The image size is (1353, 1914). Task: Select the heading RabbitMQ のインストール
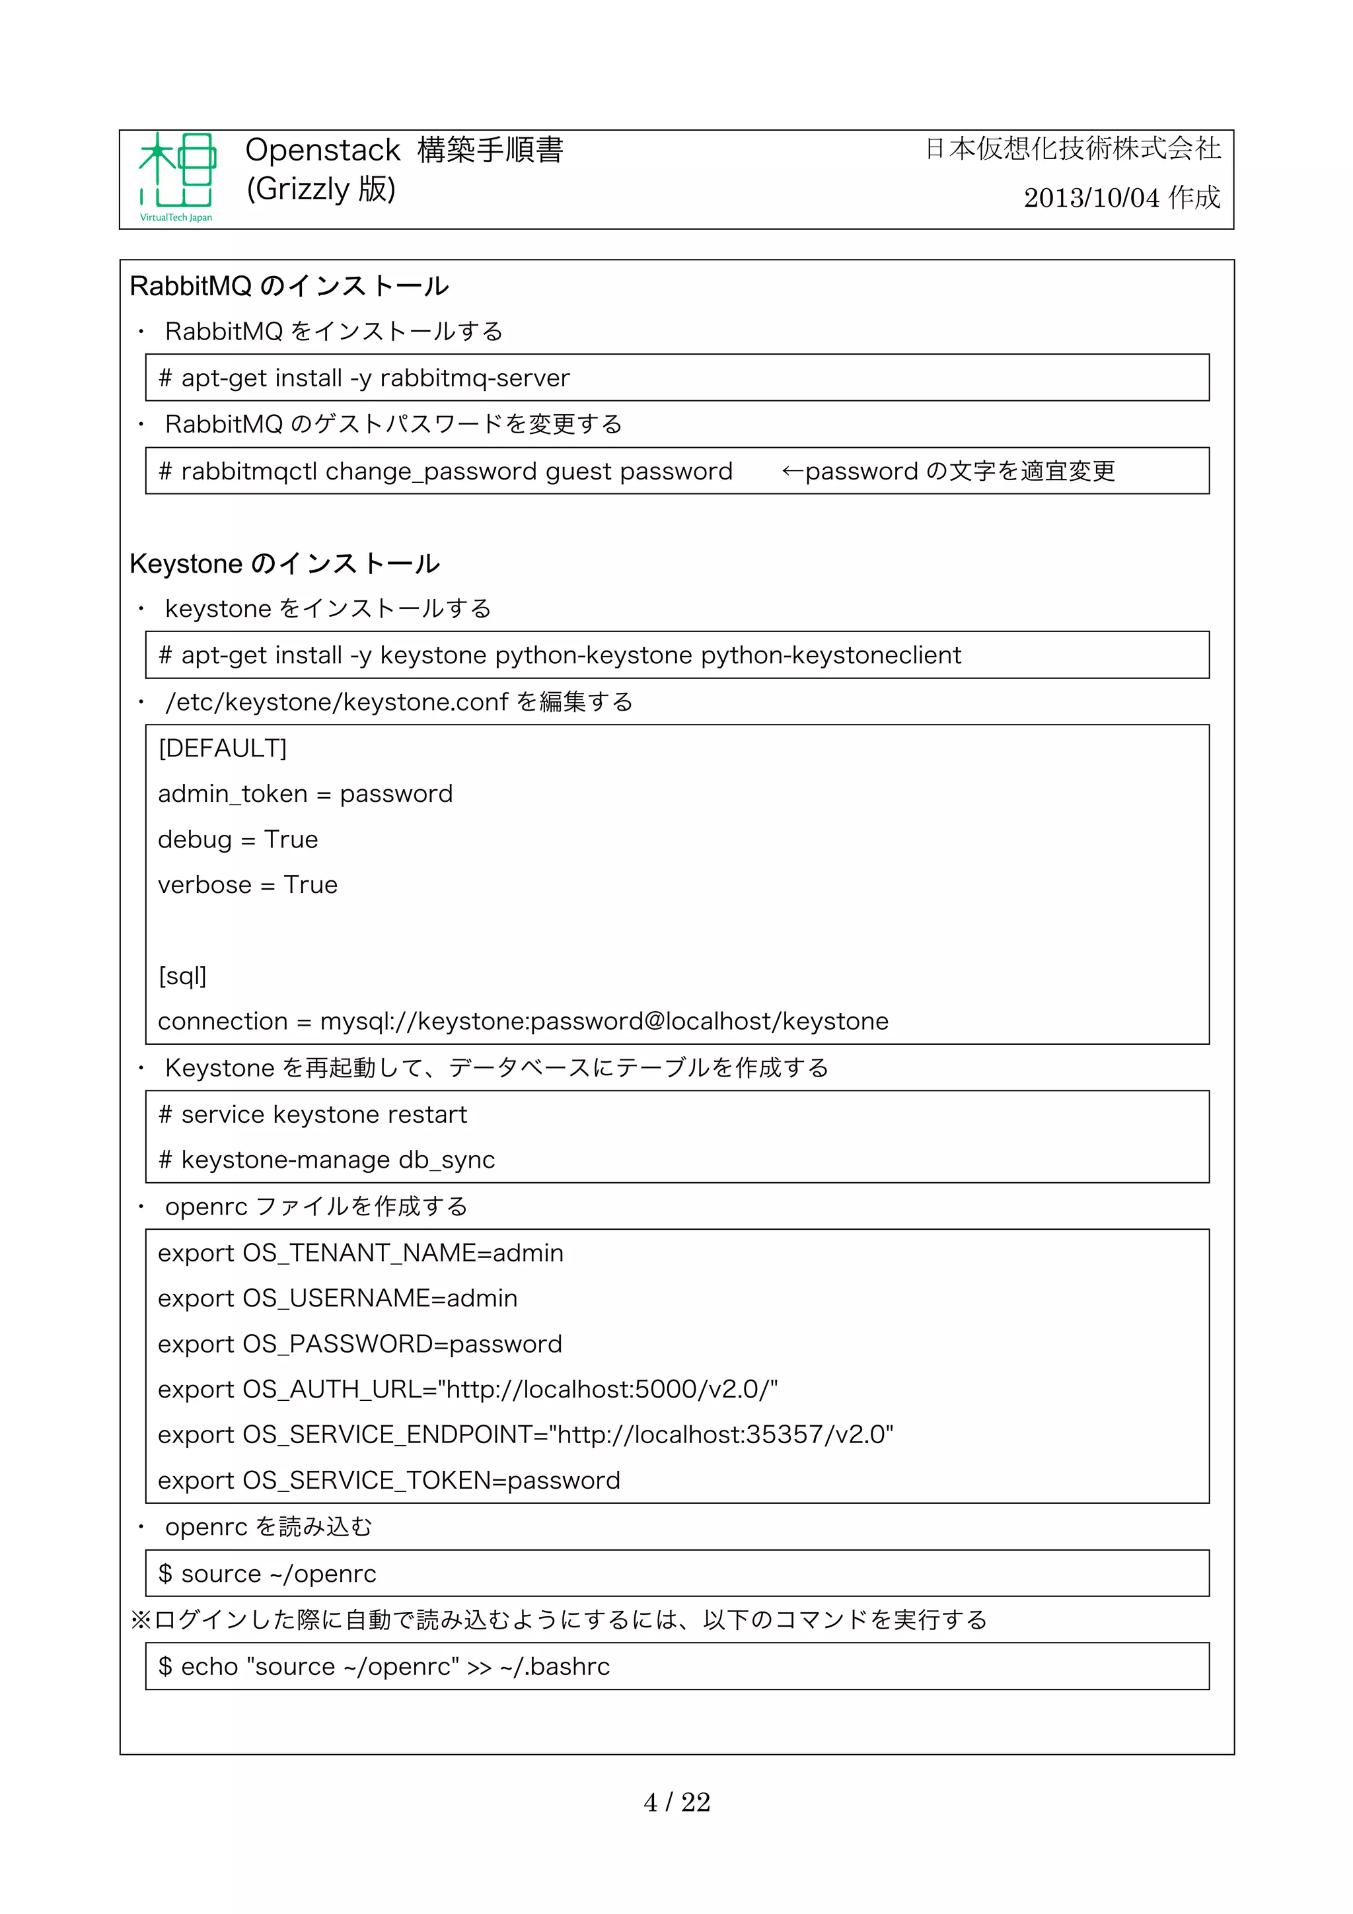coord(289,286)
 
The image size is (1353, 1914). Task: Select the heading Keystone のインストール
coord(284,563)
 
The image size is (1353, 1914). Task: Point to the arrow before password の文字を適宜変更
coord(791,472)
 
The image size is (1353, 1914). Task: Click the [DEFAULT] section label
coord(222,748)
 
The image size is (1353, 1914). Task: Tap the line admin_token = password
coord(305,794)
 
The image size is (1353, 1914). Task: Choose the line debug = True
coord(238,839)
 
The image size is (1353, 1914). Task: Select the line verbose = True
coord(248,884)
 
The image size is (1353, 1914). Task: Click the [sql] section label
coord(182,976)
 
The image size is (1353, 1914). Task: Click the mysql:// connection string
coord(604,1021)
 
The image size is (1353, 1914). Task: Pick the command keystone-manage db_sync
coord(338,1160)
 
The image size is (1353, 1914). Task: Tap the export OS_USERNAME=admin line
coord(338,1298)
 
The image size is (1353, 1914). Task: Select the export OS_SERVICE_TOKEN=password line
coord(388,1481)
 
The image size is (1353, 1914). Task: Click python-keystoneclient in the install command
coord(830,655)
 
